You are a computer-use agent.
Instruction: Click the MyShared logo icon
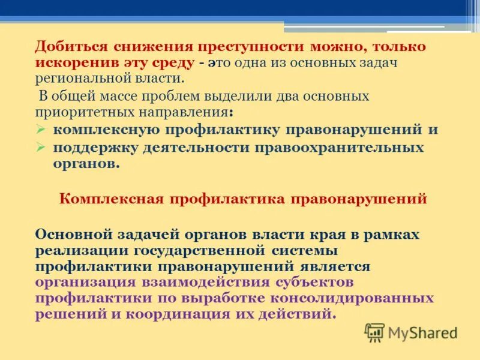pos(374,331)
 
